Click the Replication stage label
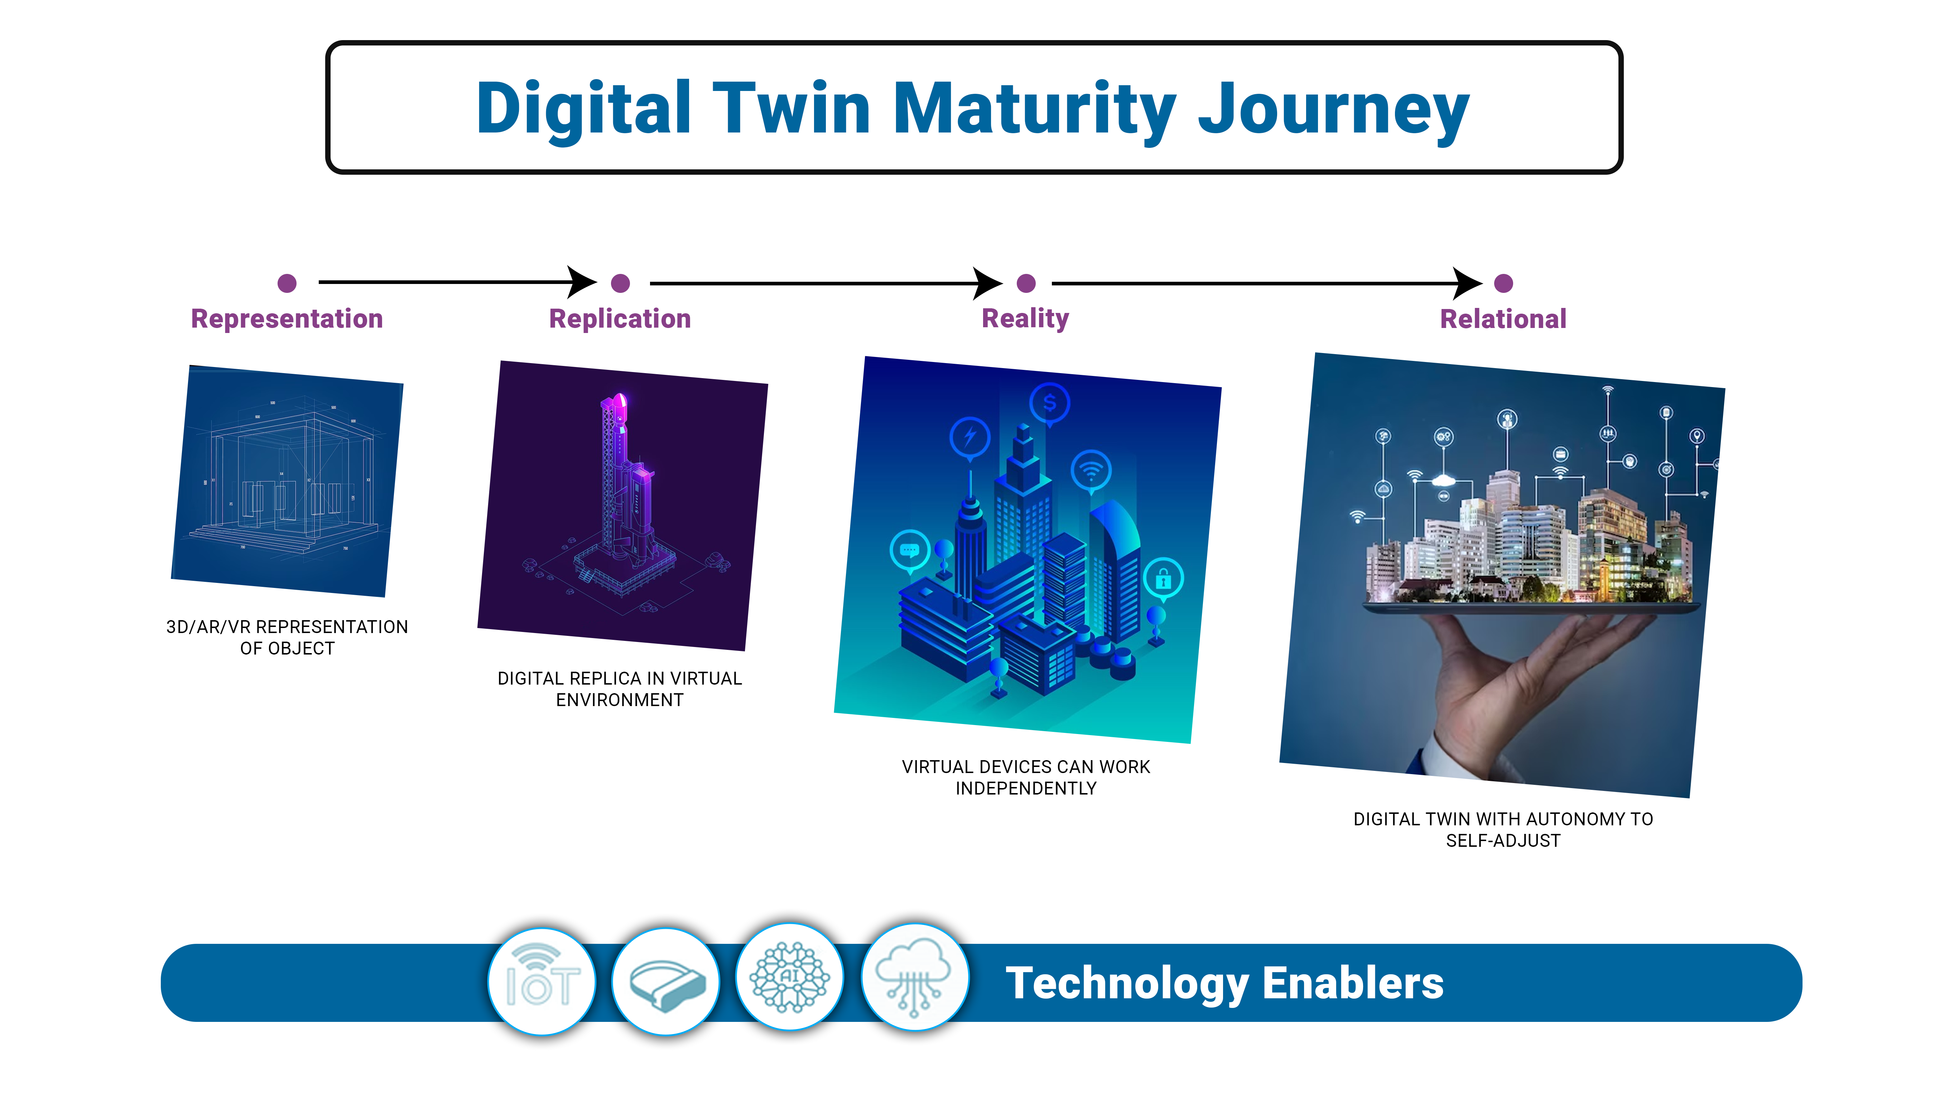pos(620,318)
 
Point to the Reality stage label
pos(1025,318)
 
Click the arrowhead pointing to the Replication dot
pos(583,282)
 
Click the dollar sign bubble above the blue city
pos(1049,403)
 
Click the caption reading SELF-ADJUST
pos(1503,840)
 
